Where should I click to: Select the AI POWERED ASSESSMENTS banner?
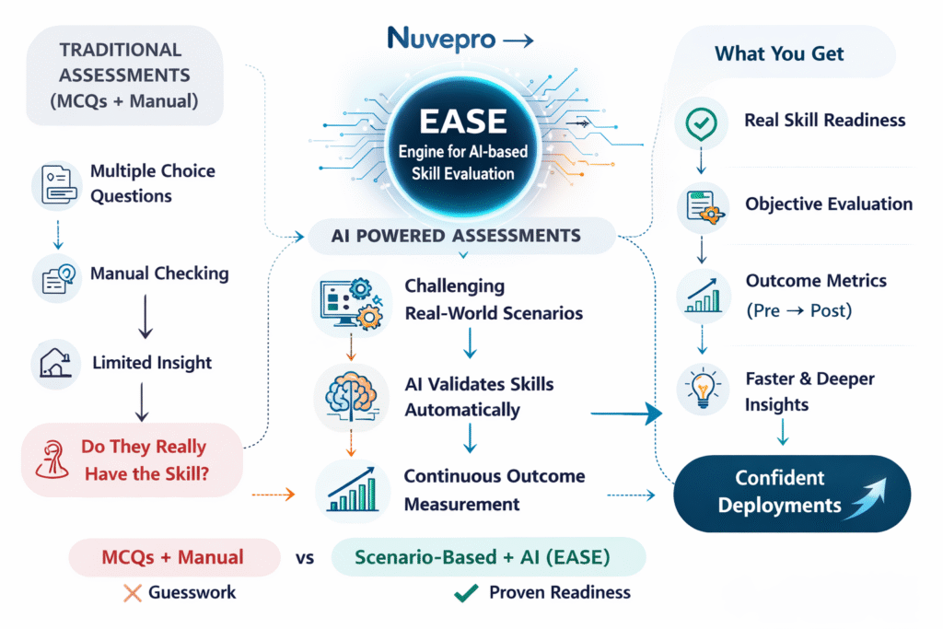(x=456, y=236)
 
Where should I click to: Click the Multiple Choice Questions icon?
(x=54, y=184)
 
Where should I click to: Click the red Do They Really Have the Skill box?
(x=132, y=460)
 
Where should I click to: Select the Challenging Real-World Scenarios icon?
(x=349, y=302)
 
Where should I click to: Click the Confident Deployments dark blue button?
(x=791, y=491)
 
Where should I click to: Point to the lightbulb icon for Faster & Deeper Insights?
(x=703, y=390)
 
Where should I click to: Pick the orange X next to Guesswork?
(x=132, y=593)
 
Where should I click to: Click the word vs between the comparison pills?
(x=306, y=557)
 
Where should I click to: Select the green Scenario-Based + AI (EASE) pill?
(x=487, y=556)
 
